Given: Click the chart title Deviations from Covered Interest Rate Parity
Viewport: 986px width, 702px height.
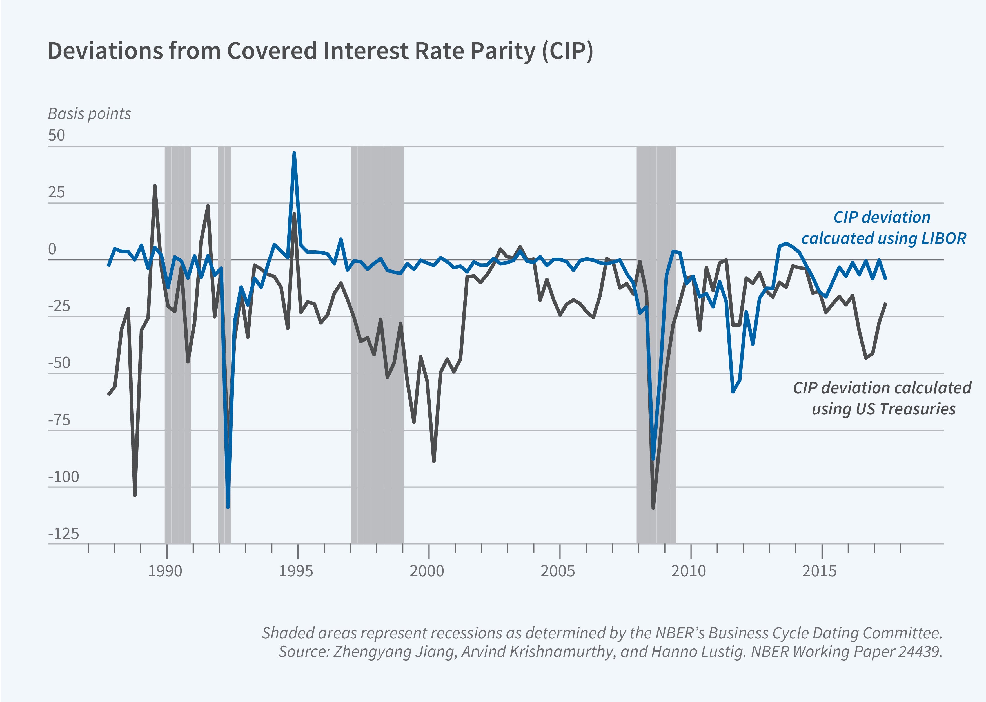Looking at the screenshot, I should (x=320, y=51).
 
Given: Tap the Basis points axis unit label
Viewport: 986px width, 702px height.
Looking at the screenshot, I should (x=89, y=114).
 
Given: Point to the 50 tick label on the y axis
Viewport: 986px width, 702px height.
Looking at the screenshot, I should (x=56, y=135).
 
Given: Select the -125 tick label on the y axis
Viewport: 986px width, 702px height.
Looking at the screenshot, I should (x=64, y=534).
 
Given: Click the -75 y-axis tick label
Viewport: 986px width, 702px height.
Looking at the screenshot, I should (x=59, y=420).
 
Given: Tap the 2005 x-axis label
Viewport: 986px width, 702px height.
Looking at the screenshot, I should (x=558, y=571).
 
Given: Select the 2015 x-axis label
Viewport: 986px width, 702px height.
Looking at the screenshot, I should (x=820, y=571).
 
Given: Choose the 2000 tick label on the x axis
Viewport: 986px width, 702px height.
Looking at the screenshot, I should (x=427, y=571).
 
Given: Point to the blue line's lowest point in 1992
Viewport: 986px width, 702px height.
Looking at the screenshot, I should (x=228, y=507).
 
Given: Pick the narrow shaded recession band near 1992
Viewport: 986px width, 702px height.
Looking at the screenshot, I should (x=224, y=346).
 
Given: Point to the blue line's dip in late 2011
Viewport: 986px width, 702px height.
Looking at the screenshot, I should (x=733, y=391).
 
